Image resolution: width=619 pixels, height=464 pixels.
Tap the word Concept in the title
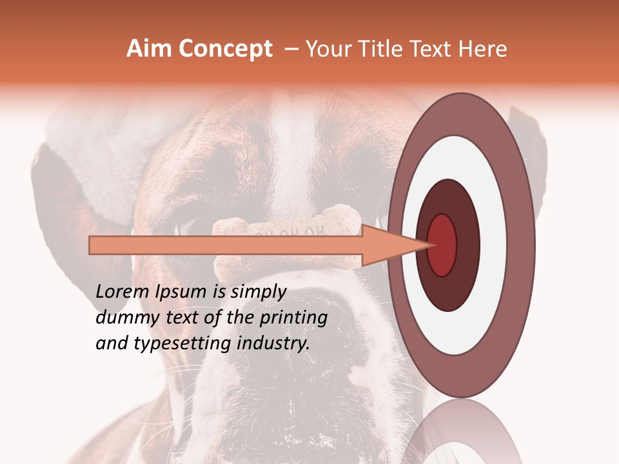click(225, 49)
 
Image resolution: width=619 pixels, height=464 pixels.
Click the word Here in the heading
click(484, 49)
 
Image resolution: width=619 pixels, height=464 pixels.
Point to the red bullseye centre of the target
click(442, 245)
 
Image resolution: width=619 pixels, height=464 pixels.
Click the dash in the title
click(291, 49)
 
